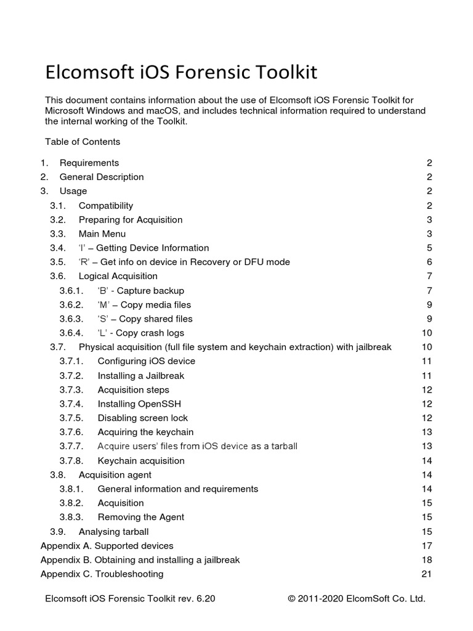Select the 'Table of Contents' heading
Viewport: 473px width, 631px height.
tap(83, 142)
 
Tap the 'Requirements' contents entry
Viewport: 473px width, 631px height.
tap(89, 163)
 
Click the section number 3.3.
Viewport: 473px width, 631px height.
tap(57, 234)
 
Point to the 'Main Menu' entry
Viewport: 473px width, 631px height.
tap(102, 234)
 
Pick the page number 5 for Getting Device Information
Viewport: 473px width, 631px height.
tap(429, 248)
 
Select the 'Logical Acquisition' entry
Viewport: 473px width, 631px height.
tap(118, 277)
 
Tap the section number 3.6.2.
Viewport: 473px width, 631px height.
tap(71, 305)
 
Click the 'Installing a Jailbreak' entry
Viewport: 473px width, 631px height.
tap(141, 376)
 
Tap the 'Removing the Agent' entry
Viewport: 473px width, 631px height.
tap(141, 518)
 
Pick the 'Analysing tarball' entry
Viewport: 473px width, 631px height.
tap(114, 532)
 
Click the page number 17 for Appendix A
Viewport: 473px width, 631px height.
tap(427, 546)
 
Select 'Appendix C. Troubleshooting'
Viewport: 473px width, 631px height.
tap(102, 574)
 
